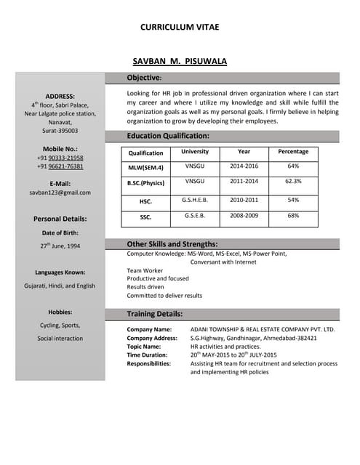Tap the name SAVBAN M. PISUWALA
pyautogui.click(x=180, y=62)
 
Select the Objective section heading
pyautogui.click(x=144, y=78)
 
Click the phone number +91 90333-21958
pyautogui.click(x=60, y=158)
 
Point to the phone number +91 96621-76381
pyautogui.click(x=60, y=166)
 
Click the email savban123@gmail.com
pyautogui.click(x=60, y=193)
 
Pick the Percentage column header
pyautogui.click(x=293, y=152)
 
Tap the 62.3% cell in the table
pyautogui.click(x=293, y=181)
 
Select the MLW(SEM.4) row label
pyautogui.click(x=146, y=167)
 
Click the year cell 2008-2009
pyautogui.click(x=244, y=216)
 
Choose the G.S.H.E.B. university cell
pyautogui.click(x=195, y=198)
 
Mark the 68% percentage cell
pyautogui.click(x=293, y=216)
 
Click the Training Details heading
pyautogui.click(x=155, y=314)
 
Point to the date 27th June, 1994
pyautogui.click(x=60, y=246)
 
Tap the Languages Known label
pyautogui.click(x=60, y=272)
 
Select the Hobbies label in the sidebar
pyautogui.click(x=60, y=312)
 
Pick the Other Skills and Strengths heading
pyautogui.click(x=172, y=244)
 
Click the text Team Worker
pyautogui.click(x=145, y=270)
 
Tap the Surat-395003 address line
pyautogui.click(x=60, y=131)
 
